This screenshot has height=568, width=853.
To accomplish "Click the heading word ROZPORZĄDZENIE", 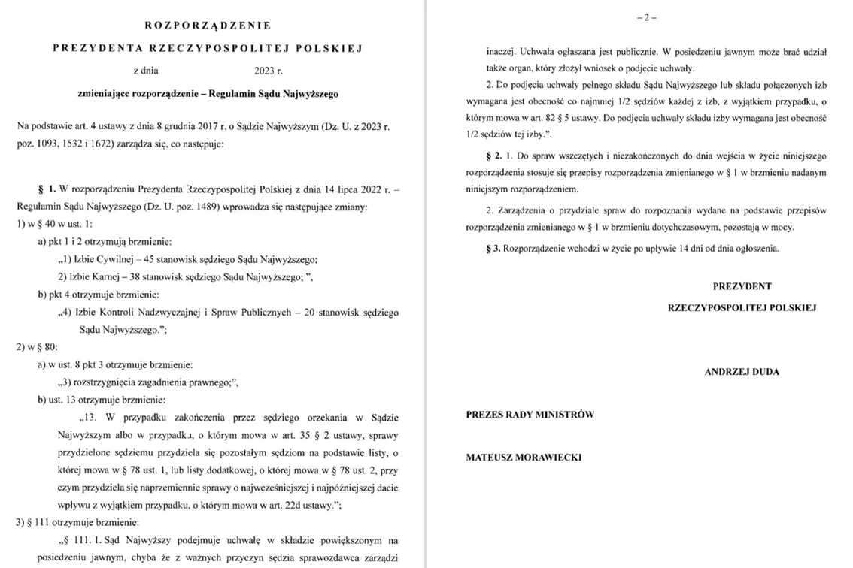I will (x=207, y=25).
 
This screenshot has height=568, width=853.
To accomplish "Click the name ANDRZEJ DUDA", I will (x=742, y=372).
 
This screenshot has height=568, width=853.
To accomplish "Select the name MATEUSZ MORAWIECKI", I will (x=524, y=457).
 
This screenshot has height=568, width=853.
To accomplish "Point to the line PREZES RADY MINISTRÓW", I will (x=530, y=414).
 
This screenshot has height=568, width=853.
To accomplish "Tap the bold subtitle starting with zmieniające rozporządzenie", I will (x=208, y=95).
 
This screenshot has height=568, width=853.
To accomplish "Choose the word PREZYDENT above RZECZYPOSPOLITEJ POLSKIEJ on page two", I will (x=742, y=286).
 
